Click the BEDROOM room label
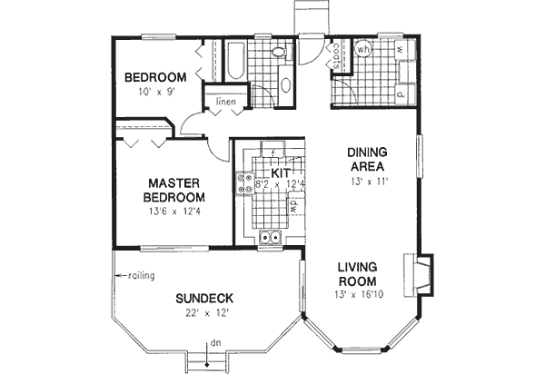[155, 77]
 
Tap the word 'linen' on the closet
[226, 101]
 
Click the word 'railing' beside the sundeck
[141, 276]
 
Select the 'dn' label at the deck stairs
[214, 343]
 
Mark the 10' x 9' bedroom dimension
[156, 92]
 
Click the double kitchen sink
[270, 238]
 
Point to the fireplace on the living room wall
[421, 272]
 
